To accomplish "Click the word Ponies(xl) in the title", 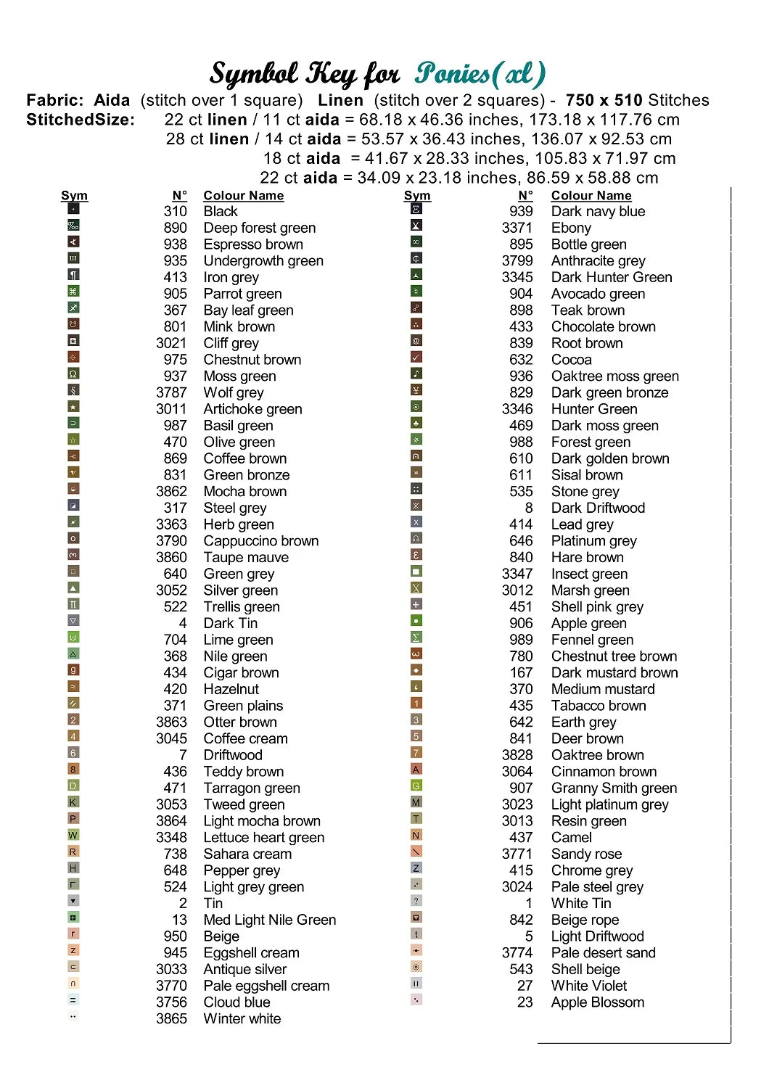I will coord(480,74).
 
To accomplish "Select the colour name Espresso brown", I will coord(253,244).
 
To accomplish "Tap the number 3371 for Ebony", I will coord(517,228).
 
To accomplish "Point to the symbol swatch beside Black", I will coord(73,209).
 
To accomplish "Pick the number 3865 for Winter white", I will coord(171,1018).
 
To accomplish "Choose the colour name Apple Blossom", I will coord(597,1002).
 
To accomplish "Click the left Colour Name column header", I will coord(243,196).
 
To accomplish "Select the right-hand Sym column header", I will coord(417,196).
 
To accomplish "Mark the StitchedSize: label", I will coord(81,120).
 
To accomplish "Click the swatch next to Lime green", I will coord(73,638).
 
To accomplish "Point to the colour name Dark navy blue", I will coord(598,211).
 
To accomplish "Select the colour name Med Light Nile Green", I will coord(269,920).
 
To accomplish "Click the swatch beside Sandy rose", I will coord(416,852).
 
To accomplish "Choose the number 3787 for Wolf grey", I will coord(171,392).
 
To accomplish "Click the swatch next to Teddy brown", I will coord(73,770).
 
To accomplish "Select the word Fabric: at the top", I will coord(54,100).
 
